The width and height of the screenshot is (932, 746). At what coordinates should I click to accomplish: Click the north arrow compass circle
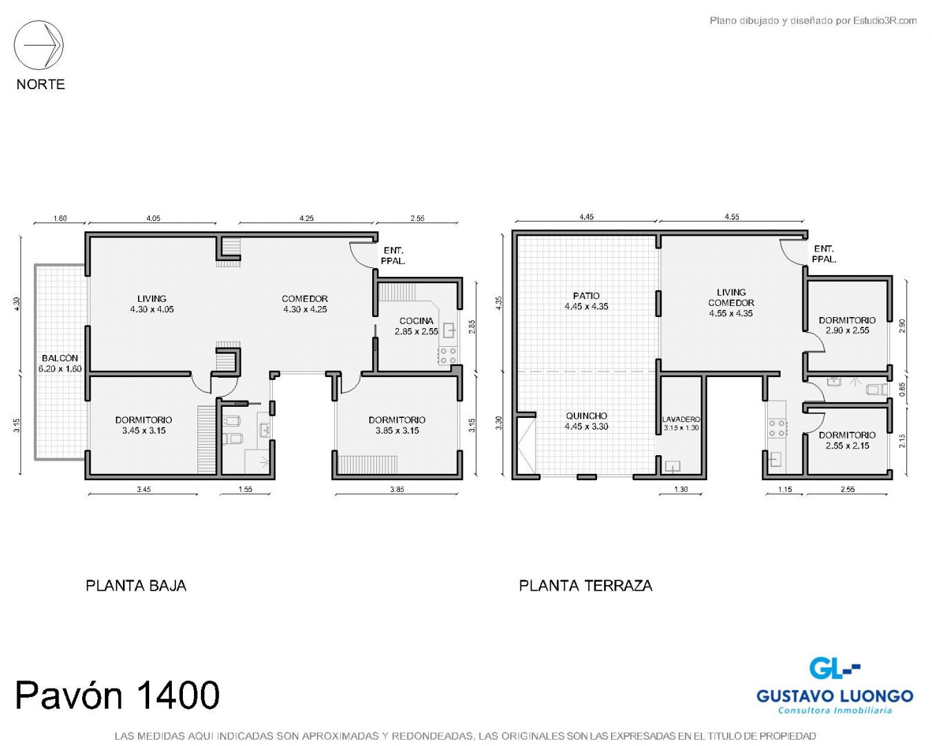coord(39,20)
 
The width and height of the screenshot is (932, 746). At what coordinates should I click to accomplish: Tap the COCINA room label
coord(416,321)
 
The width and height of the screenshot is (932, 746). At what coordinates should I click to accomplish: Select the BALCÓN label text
coord(60,358)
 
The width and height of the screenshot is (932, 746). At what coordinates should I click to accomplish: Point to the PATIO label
coord(586,296)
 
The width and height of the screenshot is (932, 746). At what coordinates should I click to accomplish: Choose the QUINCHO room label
coord(586,416)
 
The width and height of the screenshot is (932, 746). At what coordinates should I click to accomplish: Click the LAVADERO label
coord(681,419)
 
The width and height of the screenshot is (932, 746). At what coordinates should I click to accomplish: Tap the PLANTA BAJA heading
coord(136,586)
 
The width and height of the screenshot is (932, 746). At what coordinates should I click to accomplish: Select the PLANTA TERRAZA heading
coord(585,586)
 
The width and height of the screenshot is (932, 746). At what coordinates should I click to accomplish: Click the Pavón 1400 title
coord(118,695)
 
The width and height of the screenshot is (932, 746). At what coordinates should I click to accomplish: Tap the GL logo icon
coord(834,668)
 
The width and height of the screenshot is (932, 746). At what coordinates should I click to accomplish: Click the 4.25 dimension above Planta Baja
coord(307,218)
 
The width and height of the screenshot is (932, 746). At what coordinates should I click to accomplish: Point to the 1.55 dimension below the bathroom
coord(245,489)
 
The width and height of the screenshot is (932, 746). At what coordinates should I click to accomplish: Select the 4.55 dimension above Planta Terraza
coord(732,217)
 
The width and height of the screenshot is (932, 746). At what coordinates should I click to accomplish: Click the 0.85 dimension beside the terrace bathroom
coord(902,389)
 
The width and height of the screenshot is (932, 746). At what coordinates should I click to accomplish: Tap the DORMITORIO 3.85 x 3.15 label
coord(397,425)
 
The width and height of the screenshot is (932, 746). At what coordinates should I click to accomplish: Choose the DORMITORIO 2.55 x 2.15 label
coord(847,440)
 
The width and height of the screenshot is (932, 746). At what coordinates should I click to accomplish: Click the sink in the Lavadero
coord(672,466)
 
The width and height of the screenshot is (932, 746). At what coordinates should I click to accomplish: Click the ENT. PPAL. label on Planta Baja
coord(393,256)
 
